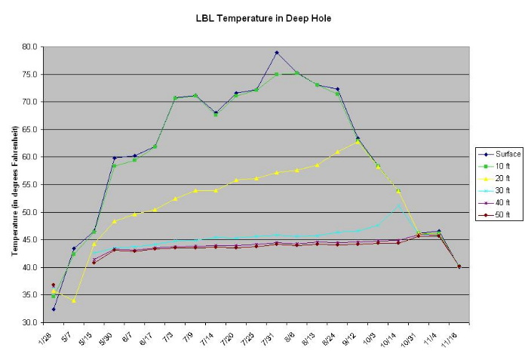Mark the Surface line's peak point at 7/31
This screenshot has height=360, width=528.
(x=277, y=53)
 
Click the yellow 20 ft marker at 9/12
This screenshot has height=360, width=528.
(x=358, y=142)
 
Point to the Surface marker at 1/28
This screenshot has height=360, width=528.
(x=54, y=309)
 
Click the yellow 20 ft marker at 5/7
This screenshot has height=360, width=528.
(x=74, y=300)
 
